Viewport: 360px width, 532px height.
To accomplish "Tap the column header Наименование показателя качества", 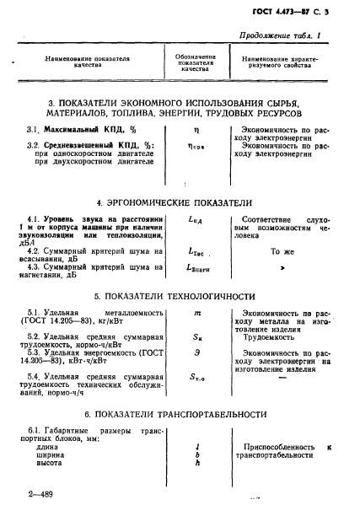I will click(89, 61).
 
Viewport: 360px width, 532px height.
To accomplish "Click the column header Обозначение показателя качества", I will click(196, 62).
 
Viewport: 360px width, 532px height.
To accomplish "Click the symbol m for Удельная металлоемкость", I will click(196, 313).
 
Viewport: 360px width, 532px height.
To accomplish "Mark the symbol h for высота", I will click(196, 463).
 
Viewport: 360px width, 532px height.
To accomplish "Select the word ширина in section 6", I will click(50, 454).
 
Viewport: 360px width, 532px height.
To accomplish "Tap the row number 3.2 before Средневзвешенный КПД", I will click(35, 146).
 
